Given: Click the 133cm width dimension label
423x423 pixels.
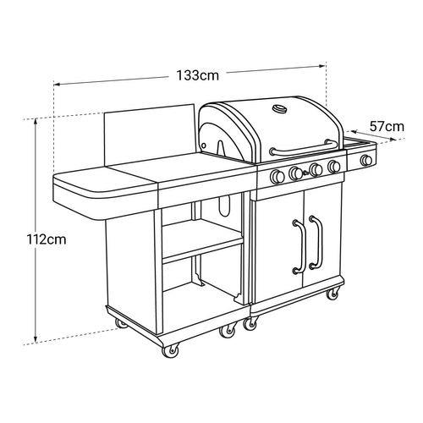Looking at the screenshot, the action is click(x=197, y=75).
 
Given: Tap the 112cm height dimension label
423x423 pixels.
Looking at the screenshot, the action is click(x=47, y=239).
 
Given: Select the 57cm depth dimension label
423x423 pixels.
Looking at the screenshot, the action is click(x=387, y=127).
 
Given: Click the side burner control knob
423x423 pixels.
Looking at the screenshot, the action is click(x=366, y=160).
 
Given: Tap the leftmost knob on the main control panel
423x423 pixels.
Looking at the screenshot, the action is click(x=277, y=176).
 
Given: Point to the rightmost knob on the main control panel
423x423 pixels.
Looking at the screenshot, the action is click(x=334, y=167).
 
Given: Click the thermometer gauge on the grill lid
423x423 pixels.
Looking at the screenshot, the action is click(x=279, y=109).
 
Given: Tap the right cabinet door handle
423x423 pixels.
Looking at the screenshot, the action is click(x=316, y=242).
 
